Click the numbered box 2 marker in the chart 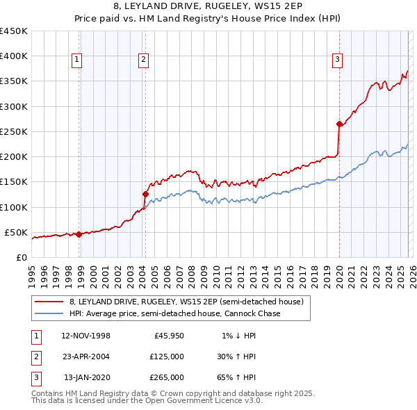click(x=142, y=60)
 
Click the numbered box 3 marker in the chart click(x=336, y=60)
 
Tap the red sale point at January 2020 click(x=339, y=124)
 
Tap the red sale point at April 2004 click(x=145, y=195)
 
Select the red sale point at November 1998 click(x=79, y=234)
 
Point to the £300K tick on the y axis click(x=14, y=106)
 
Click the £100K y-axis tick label click(x=14, y=207)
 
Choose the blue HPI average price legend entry click(x=174, y=314)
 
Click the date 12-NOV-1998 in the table click(x=85, y=336)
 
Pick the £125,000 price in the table click(x=167, y=356)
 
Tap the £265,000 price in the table click(x=167, y=377)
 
